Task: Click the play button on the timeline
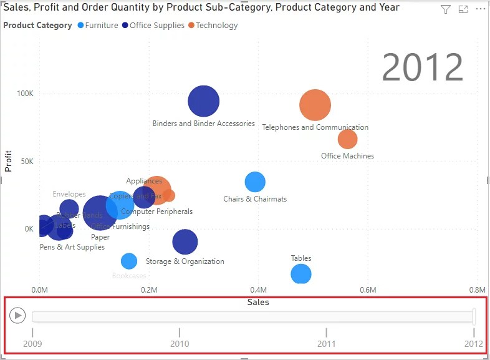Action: tap(18, 316)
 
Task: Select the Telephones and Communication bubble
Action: tap(315, 105)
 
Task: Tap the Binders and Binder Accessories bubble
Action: tap(204, 102)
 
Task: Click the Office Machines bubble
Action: tap(347, 139)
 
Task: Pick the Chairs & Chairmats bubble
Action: tap(255, 182)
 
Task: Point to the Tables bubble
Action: tap(300, 273)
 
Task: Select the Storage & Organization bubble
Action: tap(185, 242)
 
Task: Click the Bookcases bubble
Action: tap(129, 261)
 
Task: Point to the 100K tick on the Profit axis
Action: tap(25, 93)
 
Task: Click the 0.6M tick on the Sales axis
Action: tap(368, 290)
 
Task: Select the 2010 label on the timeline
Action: tap(180, 343)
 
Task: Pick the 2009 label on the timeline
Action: tap(32, 343)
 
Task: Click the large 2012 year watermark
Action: tap(422, 67)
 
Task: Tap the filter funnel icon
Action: tap(445, 9)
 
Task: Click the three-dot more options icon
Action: tap(479, 9)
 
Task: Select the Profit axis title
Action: tap(9, 160)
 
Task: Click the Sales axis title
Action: tap(258, 302)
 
